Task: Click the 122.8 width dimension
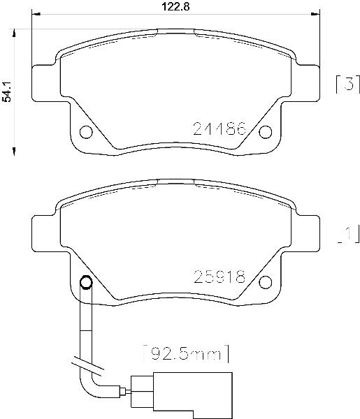click(175, 6)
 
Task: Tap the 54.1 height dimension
click(6, 91)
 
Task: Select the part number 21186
click(219, 128)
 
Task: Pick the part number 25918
click(219, 277)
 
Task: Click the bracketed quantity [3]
click(348, 84)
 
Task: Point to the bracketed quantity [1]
click(348, 235)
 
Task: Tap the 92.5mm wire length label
click(186, 353)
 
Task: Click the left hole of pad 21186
click(86, 132)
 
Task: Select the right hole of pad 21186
click(266, 132)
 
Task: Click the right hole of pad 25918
click(266, 282)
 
